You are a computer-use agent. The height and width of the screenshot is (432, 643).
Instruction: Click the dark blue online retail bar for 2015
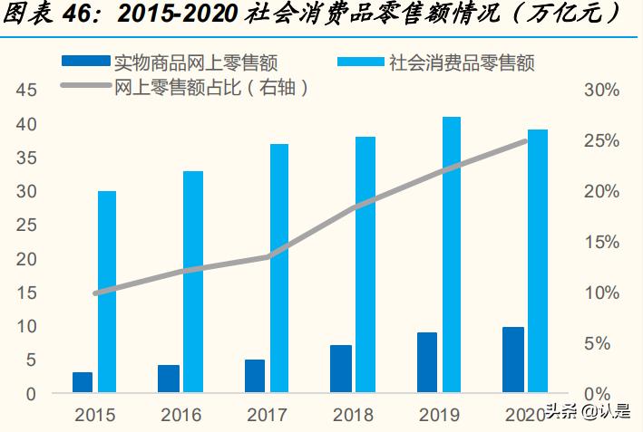[83, 382]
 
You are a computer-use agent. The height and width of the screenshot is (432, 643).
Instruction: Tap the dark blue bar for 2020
[513, 360]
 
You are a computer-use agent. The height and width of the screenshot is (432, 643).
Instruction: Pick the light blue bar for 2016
[192, 282]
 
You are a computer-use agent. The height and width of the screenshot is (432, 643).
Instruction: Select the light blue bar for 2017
[278, 268]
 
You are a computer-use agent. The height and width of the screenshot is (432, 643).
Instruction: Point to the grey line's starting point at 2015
[96, 293]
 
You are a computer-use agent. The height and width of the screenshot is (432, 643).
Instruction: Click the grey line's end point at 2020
[526, 140]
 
